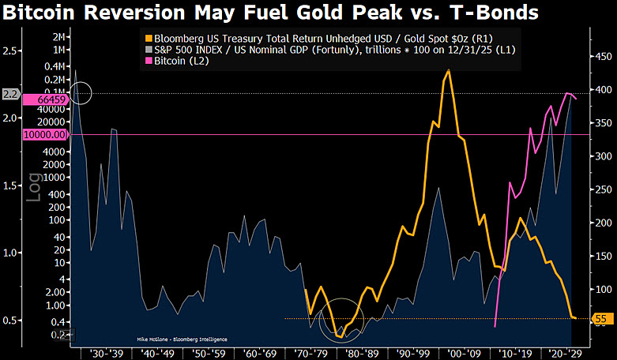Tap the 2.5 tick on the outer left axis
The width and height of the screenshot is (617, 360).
click(x=11, y=51)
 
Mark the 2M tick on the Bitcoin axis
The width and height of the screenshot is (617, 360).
click(x=59, y=36)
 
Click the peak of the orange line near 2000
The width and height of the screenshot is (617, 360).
click(x=450, y=70)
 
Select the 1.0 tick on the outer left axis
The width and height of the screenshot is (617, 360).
click(x=11, y=253)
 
